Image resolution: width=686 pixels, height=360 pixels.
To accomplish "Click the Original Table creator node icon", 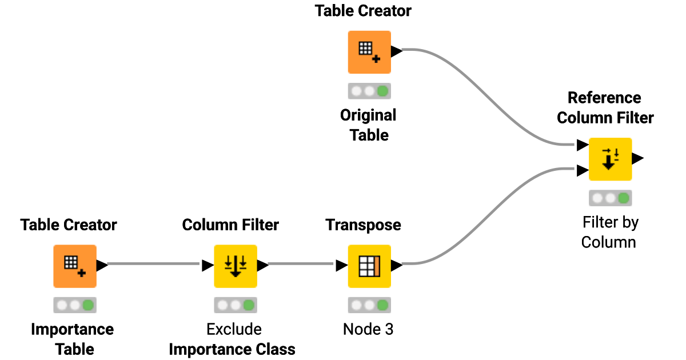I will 369,52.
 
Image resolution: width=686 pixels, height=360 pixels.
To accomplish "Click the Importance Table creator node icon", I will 75,266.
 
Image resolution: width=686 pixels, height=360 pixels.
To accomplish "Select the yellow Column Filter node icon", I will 235,266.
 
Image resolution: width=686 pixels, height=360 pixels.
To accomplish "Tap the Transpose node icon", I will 369,266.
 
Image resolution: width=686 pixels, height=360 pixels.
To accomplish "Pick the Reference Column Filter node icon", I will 610,159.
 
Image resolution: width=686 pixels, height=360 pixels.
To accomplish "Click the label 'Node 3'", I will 368,329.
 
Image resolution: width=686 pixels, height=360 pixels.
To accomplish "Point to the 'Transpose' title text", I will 363,225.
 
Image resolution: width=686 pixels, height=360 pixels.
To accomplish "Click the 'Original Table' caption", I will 369,125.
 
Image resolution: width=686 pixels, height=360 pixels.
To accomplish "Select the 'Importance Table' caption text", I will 72,339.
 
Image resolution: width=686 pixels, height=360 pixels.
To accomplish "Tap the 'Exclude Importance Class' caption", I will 232,339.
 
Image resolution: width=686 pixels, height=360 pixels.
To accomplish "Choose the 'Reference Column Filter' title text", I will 605,107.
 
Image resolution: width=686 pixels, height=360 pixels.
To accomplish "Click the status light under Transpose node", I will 369,305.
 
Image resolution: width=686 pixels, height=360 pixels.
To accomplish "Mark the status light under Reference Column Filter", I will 610,198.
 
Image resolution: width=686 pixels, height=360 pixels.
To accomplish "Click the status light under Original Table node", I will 369,91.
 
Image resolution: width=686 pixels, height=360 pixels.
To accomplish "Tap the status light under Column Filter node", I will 235,305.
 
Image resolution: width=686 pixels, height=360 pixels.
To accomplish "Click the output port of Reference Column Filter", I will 639,158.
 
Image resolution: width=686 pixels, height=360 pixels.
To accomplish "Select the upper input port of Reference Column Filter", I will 582,145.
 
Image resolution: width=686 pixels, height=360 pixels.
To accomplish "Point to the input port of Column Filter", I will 207,266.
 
